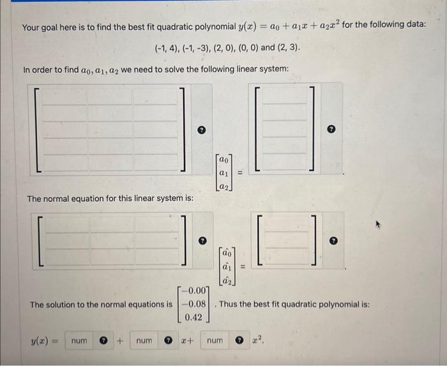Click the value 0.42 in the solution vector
point(195,317)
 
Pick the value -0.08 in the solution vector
point(195,304)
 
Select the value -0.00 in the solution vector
point(195,291)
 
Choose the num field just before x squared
point(215,342)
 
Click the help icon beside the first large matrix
point(201,130)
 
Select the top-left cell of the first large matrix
point(64,96)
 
